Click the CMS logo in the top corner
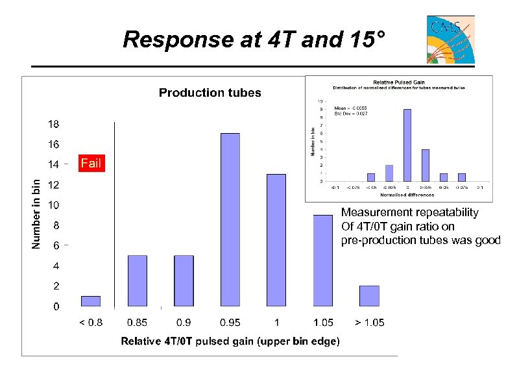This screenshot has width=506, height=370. click(450, 39)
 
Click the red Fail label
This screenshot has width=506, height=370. click(91, 163)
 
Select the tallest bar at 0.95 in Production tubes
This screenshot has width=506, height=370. click(230, 219)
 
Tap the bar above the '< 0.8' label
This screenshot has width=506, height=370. click(91, 301)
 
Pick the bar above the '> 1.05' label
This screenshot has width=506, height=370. click(369, 295)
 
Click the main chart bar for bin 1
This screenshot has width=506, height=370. click(276, 240)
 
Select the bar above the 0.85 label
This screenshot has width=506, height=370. click(137, 280)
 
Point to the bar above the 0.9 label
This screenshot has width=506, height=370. click(184, 280)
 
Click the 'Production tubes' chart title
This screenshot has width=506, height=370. click(210, 93)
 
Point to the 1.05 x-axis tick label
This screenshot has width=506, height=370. click(322, 323)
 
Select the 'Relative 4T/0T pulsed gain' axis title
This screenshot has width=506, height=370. click(230, 342)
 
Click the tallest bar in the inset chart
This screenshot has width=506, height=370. click(407, 145)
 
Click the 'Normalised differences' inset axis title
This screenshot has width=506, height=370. click(398, 194)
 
